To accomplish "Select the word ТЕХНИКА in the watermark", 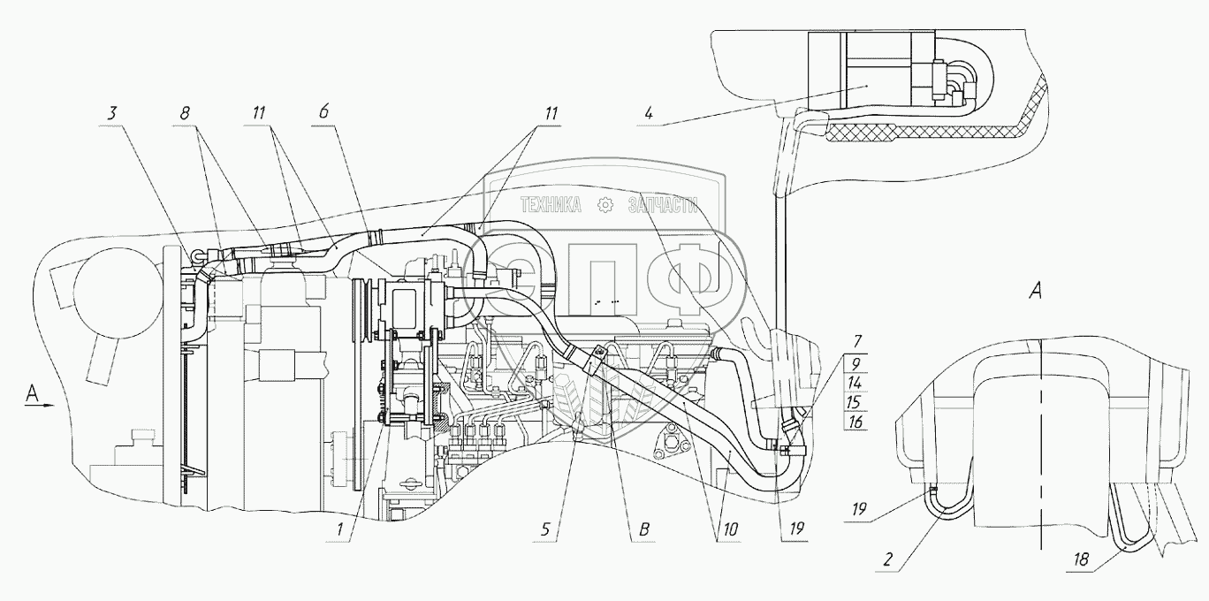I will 551,205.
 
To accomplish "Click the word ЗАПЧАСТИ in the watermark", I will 663,205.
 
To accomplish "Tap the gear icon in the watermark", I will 605,205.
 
